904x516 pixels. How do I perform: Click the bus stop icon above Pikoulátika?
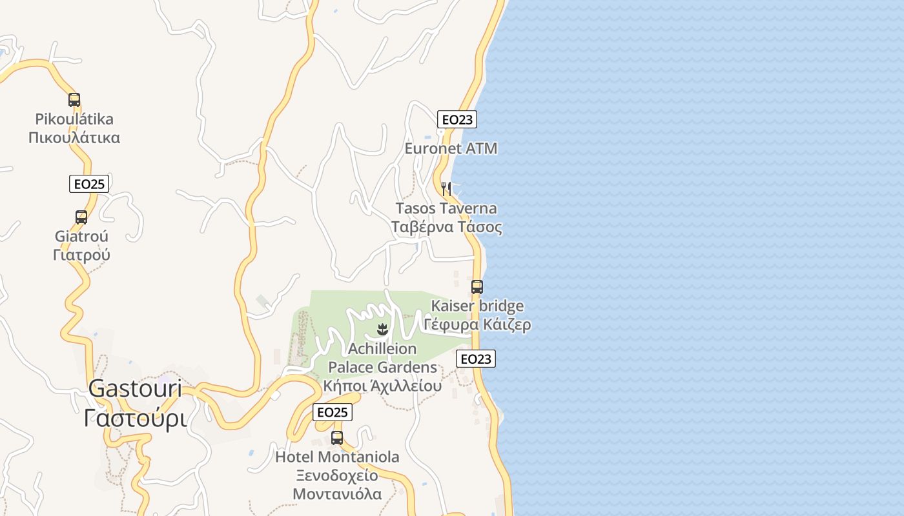[74, 100]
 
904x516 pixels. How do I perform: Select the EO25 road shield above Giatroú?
[89, 184]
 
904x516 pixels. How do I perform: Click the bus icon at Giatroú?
[81, 217]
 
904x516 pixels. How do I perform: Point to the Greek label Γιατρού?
[81, 255]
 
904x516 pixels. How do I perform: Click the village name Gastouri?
[135, 389]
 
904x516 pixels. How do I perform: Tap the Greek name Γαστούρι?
[135, 418]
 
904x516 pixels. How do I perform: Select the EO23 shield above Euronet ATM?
[457, 119]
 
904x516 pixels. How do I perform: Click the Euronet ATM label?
[451, 148]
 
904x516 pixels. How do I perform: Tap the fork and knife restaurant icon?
[446, 188]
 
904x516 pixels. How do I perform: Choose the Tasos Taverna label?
[446, 208]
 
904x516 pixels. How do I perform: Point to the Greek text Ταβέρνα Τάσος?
[446, 227]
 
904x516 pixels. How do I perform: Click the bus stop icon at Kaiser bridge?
[477, 287]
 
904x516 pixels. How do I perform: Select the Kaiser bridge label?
[477, 306]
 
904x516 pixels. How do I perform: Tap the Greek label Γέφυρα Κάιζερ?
[477, 324]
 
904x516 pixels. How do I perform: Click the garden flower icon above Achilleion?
[382, 330]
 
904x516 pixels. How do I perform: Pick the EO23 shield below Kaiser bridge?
[476, 359]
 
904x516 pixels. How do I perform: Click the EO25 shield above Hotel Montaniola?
[333, 412]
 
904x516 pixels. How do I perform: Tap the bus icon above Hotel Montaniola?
[337, 438]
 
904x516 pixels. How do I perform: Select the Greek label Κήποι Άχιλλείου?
[382, 386]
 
